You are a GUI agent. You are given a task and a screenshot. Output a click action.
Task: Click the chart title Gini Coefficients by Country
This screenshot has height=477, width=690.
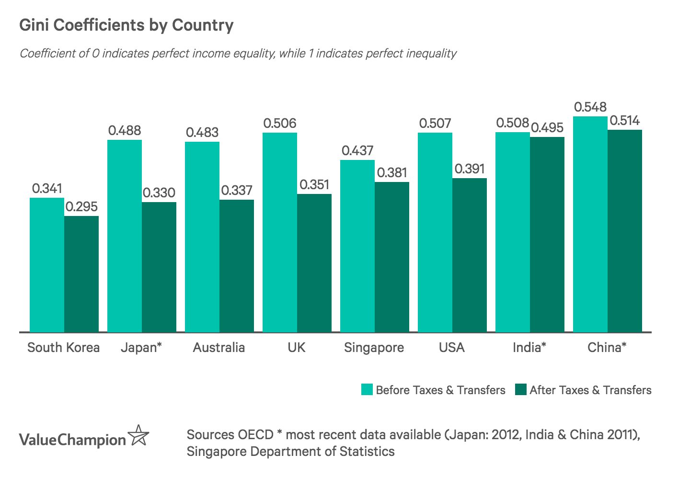[126, 25]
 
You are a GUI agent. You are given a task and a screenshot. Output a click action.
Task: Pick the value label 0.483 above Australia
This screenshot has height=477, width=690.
[202, 132]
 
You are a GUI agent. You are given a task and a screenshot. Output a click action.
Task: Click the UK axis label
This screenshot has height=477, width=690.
[297, 347]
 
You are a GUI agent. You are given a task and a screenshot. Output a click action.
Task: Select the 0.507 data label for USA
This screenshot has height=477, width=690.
[435, 124]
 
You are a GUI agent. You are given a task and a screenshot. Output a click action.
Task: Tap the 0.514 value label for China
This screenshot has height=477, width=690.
[624, 121]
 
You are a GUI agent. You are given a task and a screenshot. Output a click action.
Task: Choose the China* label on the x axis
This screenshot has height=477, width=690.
[607, 347]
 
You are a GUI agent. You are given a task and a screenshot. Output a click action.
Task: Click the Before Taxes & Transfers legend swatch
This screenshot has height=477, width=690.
[367, 389]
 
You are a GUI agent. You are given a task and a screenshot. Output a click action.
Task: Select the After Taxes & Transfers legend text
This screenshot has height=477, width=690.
[590, 390]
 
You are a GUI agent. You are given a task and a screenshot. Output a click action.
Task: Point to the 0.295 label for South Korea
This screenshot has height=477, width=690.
[81, 207]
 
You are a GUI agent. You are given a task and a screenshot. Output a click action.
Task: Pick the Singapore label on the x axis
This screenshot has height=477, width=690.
[374, 347]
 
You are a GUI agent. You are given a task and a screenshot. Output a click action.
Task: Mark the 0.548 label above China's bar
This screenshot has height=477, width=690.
[590, 107]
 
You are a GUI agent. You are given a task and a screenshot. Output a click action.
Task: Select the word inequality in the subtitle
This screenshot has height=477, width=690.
[431, 53]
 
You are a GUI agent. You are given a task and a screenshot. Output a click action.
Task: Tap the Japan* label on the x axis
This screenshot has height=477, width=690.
[141, 347]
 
